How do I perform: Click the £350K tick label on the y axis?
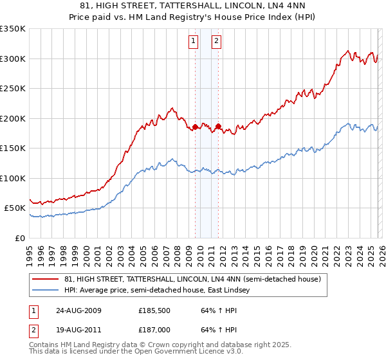(13, 29)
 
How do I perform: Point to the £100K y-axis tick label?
(13, 178)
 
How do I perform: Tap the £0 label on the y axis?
(19, 238)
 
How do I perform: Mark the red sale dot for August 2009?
(196, 127)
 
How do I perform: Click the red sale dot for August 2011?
(218, 126)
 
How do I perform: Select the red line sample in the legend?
(46, 280)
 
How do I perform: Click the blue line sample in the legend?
(46, 291)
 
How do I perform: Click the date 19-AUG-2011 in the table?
(78, 331)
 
